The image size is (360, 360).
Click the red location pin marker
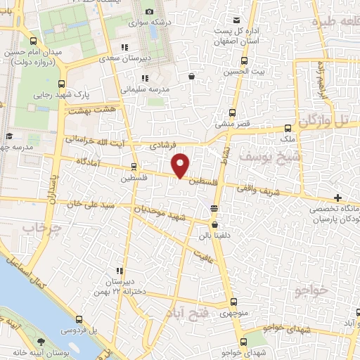[181, 165]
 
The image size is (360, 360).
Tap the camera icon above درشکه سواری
[149, 12]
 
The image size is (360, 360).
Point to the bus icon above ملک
[287, 129]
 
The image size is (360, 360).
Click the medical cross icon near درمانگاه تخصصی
[339, 198]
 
